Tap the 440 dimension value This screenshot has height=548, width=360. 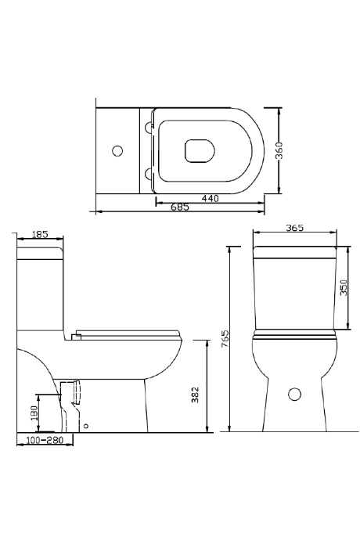[x=210, y=199]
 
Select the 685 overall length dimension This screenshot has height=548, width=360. [x=180, y=207]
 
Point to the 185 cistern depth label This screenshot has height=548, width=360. [x=40, y=234]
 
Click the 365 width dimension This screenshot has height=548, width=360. [x=295, y=228]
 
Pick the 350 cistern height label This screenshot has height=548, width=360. [x=344, y=287]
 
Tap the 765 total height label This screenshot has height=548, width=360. [x=225, y=338]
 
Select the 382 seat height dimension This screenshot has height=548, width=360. [x=196, y=395]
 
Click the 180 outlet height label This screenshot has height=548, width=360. [x=34, y=414]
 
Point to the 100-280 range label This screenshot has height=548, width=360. [x=45, y=439]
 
